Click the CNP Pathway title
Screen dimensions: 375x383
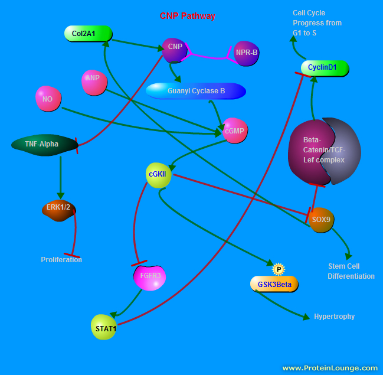click(188, 16)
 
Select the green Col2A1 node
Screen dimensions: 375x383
click(88, 34)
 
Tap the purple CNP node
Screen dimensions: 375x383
click(175, 50)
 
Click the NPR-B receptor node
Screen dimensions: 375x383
click(246, 53)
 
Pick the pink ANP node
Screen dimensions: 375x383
click(93, 81)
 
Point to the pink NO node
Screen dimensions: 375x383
click(48, 99)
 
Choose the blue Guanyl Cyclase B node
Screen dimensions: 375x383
click(195, 91)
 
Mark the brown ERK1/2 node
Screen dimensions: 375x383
click(59, 210)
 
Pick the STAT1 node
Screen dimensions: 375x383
click(104, 327)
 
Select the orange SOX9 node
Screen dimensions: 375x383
click(321, 219)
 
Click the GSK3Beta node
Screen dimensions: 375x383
click(274, 284)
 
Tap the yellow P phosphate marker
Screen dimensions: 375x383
click(278, 269)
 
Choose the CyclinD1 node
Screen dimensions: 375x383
click(324, 68)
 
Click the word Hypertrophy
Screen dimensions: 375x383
click(334, 317)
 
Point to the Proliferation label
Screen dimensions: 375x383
click(61, 260)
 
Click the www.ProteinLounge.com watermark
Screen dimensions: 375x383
click(329, 367)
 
